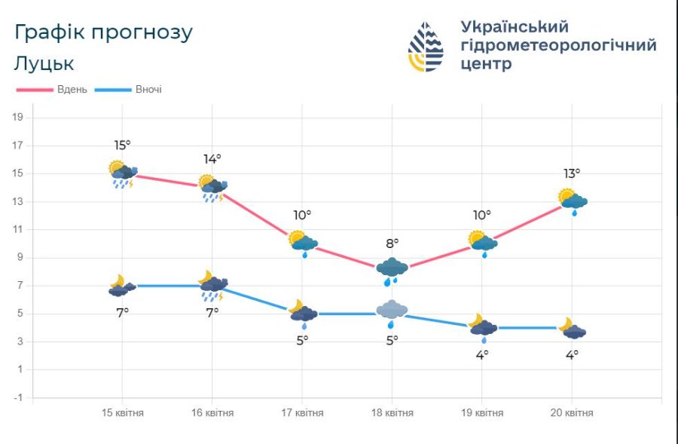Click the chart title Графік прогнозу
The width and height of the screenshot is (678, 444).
tap(103, 33)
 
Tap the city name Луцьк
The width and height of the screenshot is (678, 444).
tap(44, 63)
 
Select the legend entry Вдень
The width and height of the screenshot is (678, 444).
tap(72, 89)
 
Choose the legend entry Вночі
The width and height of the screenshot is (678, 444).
tap(148, 89)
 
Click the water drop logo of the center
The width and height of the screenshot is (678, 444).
tap(426, 47)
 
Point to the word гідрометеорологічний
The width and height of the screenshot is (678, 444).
tap(558, 45)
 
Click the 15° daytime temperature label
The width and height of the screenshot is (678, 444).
tap(123, 145)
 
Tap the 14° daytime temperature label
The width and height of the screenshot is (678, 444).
tap(212, 159)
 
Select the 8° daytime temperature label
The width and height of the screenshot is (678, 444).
tap(392, 243)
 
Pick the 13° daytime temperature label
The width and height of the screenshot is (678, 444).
tap(571, 173)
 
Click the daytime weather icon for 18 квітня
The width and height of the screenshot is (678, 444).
tap(392, 269)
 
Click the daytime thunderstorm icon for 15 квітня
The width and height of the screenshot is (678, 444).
tap(122, 175)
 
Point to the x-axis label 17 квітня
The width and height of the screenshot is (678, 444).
tap(302, 413)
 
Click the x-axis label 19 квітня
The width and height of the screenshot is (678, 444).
tap(481, 413)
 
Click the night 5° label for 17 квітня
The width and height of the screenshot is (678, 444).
tap(302, 340)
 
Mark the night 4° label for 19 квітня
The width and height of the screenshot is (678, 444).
tap(481, 354)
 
